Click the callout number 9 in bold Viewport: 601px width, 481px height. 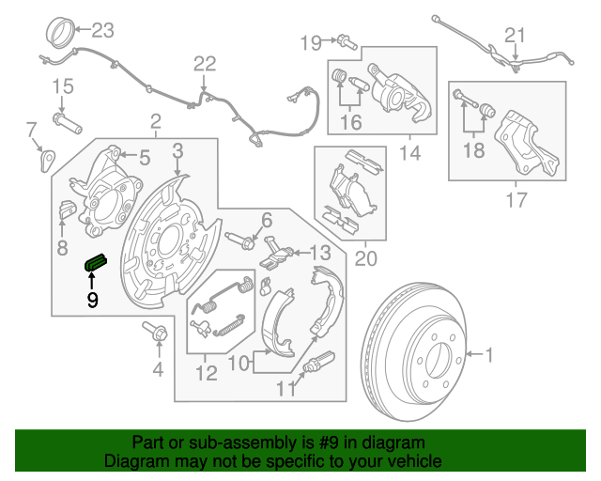point(92,300)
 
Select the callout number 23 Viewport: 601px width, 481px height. point(101,31)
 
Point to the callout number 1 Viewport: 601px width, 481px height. point(488,354)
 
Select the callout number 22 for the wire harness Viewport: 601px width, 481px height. point(204,64)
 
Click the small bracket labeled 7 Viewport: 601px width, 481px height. point(44,158)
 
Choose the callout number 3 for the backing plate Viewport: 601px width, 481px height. point(177,150)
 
